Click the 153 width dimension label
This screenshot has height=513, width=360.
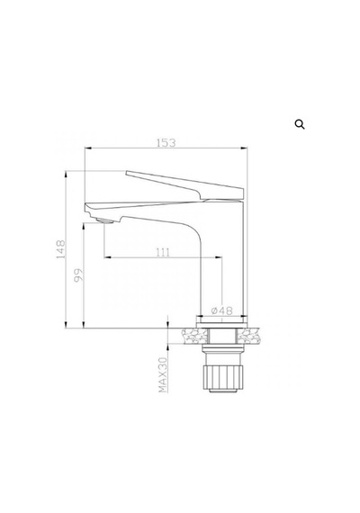click(166, 143)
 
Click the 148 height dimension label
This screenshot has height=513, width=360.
click(61, 249)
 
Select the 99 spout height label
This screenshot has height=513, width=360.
click(78, 275)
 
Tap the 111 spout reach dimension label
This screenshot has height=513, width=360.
click(163, 253)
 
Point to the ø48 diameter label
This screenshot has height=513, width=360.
click(222, 310)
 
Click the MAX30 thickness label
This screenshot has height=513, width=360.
click(163, 375)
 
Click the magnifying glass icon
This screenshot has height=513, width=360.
click(300, 124)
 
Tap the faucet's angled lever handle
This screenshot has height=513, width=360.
click(184, 185)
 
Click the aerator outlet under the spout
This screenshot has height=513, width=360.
click(105, 221)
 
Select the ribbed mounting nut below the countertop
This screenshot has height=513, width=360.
click(222, 377)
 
